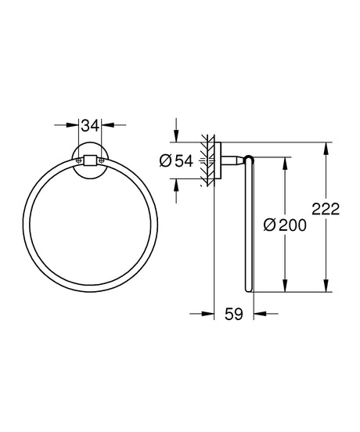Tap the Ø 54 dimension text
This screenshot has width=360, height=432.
pos(176,160)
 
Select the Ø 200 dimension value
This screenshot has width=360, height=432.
pos(286,225)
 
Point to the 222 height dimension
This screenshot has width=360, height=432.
pos(326,210)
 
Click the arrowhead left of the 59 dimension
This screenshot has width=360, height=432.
pos(208,315)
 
